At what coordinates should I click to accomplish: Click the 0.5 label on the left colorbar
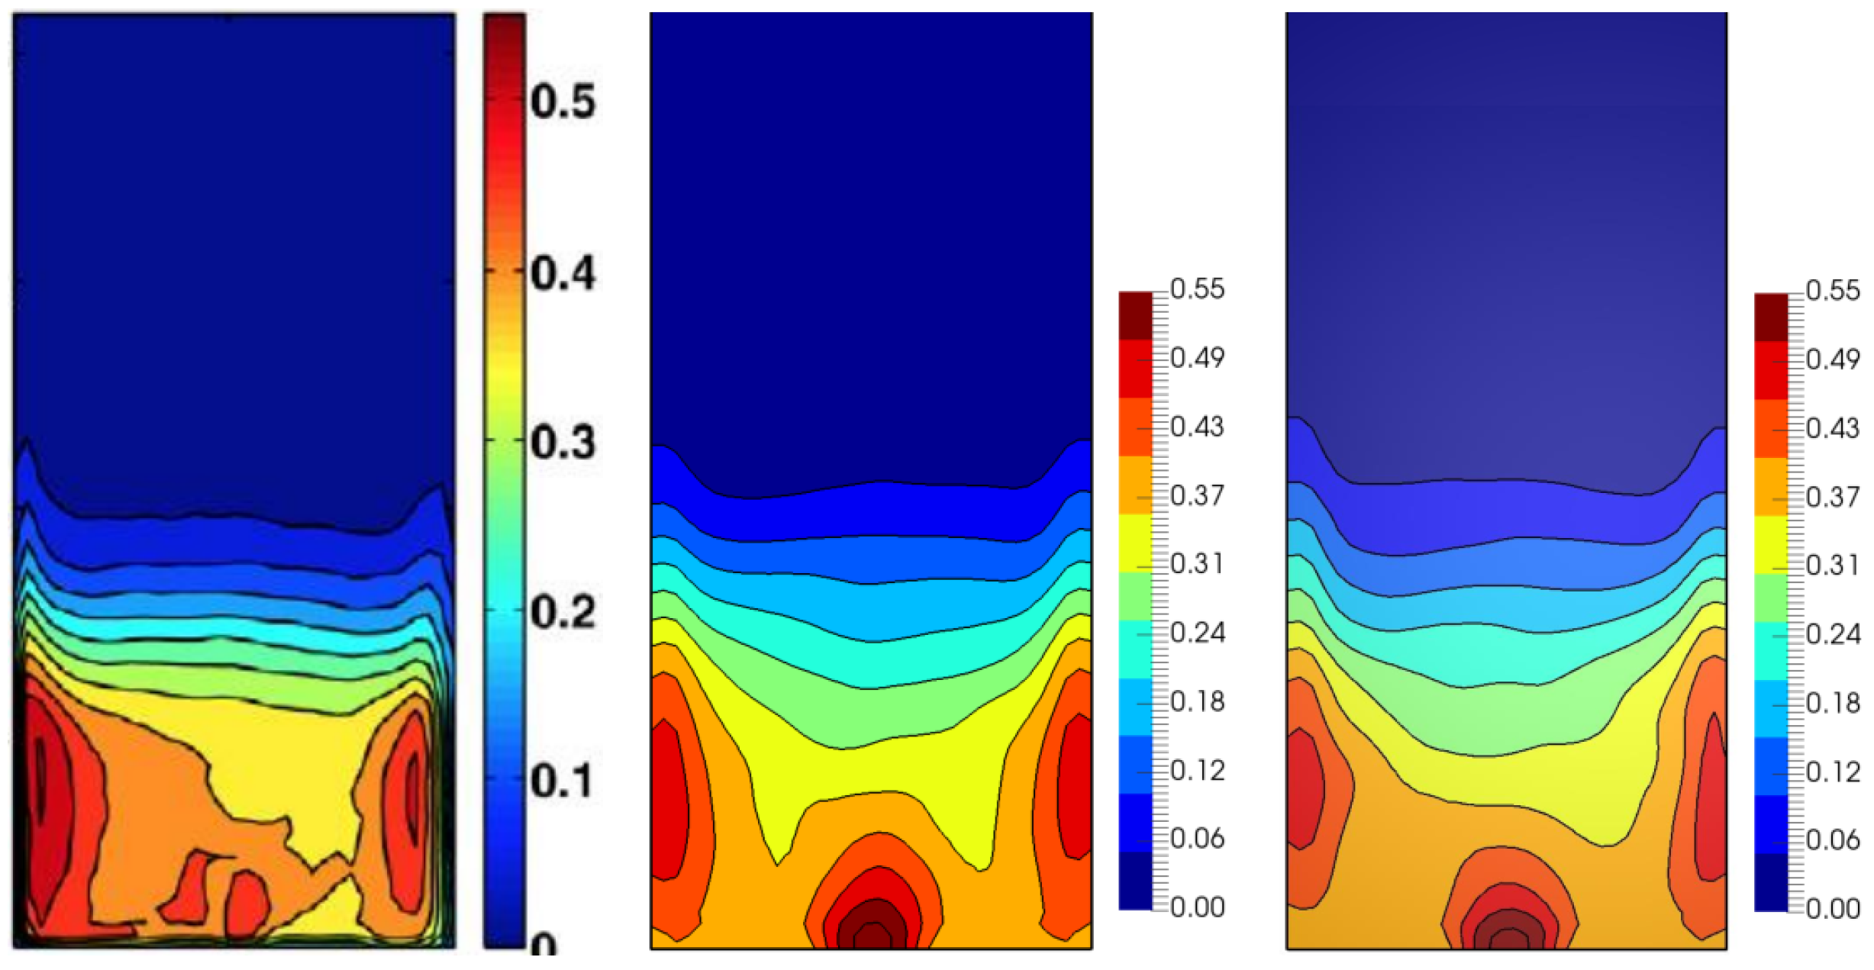pyautogui.click(x=563, y=102)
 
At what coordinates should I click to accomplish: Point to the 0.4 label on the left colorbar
pyautogui.click(x=563, y=272)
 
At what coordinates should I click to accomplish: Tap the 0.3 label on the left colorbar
pyautogui.click(x=563, y=442)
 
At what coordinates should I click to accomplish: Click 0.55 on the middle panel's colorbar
pyautogui.click(x=1197, y=289)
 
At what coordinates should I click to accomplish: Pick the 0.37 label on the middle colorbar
pyautogui.click(x=1197, y=495)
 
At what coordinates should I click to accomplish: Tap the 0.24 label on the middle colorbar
pyautogui.click(x=1197, y=633)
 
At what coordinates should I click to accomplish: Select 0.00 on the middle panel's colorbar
pyautogui.click(x=1197, y=907)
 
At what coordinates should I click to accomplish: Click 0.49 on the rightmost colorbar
pyautogui.click(x=1833, y=359)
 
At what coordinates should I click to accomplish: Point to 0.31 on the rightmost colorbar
pyautogui.click(x=1833, y=566)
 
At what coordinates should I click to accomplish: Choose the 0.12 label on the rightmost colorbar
pyautogui.click(x=1833, y=772)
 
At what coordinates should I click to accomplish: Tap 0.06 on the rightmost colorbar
pyautogui.click(x=1833, y=840)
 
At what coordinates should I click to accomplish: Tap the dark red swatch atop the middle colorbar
pyautogui.click(x=1135, y=314)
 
